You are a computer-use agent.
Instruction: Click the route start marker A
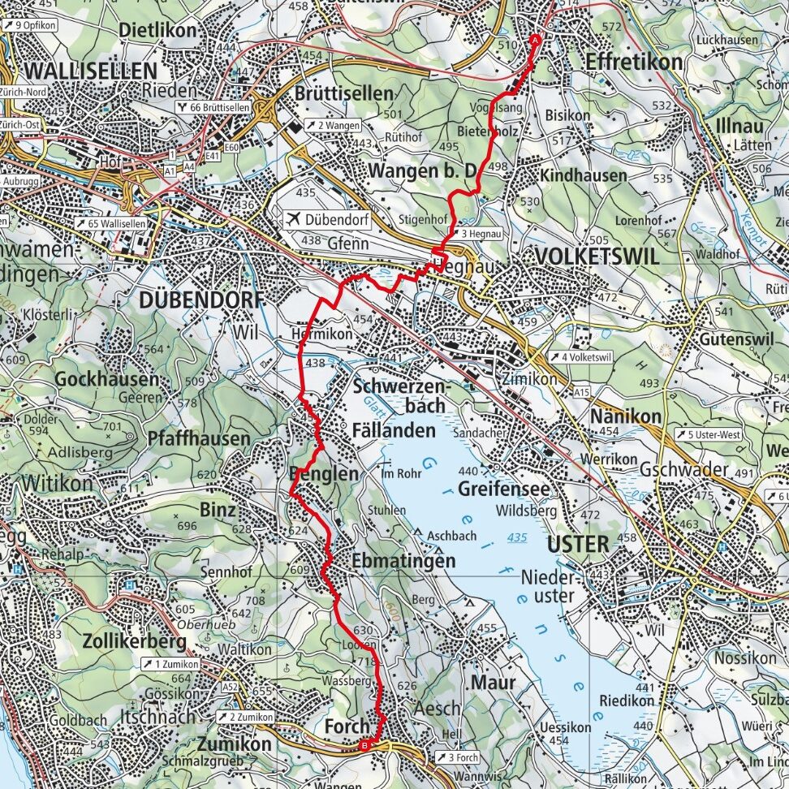(x=535, y=40)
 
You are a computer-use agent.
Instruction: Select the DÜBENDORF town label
(x=201, y=300)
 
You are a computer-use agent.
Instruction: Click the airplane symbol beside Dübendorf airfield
(x=294, y=219)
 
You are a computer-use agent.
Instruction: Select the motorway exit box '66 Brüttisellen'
(x=213, y=108)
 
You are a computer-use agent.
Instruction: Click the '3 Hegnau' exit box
(x=479, y=234)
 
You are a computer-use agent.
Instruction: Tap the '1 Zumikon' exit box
(x=175, y=663)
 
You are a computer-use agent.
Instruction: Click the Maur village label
(x=493, y=683)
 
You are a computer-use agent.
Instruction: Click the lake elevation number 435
(x=516, y=537)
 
